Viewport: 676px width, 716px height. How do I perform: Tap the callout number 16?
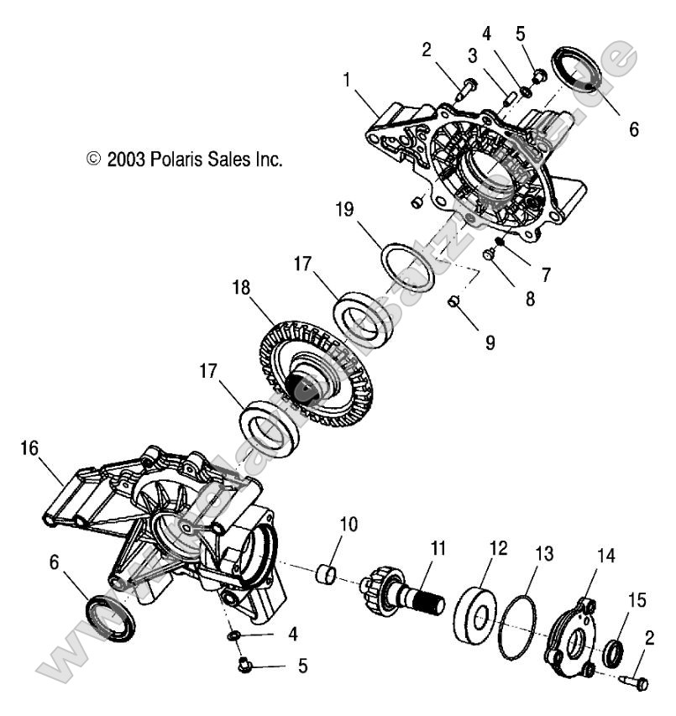tap(29, 450)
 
